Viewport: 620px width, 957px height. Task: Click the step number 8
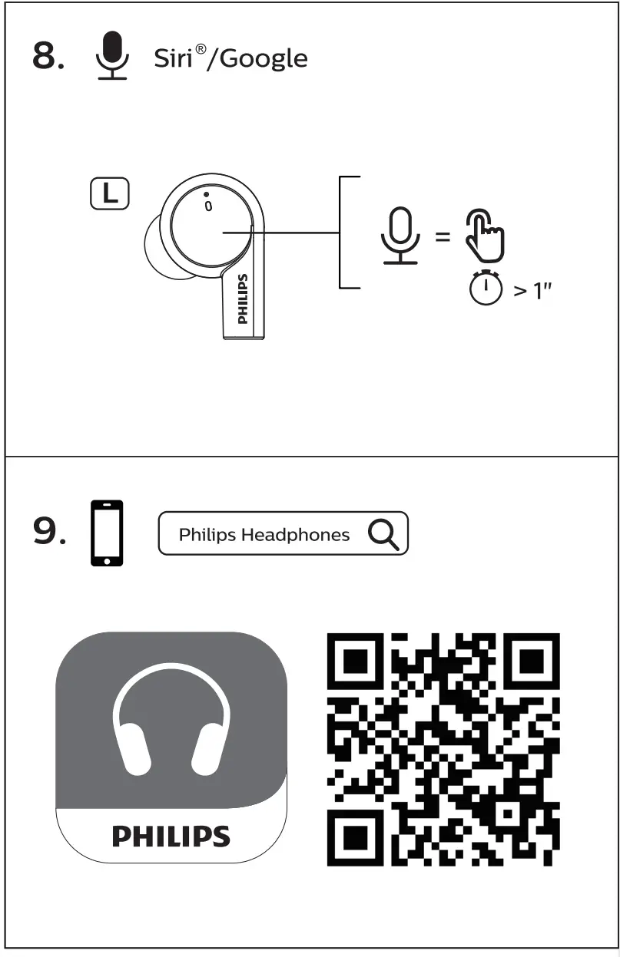pyautogui.click(x=48, y=58)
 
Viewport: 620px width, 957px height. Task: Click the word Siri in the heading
pyautogui.click(x=173, y=58)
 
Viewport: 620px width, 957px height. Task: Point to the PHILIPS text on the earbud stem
pyautogui.click(x=243, y=299)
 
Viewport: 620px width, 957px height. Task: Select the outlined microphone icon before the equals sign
pyautogui.click(x=400, y=236)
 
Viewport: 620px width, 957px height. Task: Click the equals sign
pyautogui.click(x=443, y=236)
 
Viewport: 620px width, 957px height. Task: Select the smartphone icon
pyautogui.click(x=107, y=533)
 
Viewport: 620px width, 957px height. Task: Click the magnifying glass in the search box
pyautogui.click(x=383, y=534)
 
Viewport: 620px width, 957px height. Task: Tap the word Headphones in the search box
pyautogui.click(x=295, y=535)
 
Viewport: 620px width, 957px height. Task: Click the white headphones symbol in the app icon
pyautogui.click(x=171, y=725)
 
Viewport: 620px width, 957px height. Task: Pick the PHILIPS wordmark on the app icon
pyautogui.click(x=171, y=836)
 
